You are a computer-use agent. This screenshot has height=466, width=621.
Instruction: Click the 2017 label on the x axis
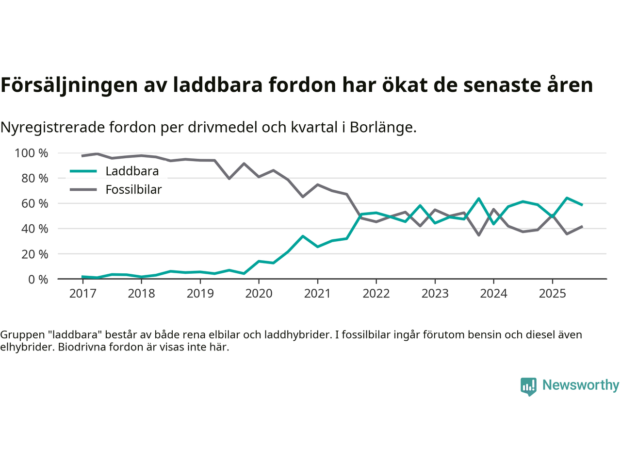[82, 294]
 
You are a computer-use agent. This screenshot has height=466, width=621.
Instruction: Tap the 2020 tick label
[259, 294]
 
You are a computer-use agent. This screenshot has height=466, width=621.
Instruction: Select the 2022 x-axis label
[376, 294]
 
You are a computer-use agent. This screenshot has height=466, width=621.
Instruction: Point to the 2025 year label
[552, 294]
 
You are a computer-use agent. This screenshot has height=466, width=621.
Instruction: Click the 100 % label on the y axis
[32, 153]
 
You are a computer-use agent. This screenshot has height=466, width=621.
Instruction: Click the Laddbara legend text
[132, 171]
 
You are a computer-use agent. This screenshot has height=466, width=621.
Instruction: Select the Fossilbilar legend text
[133, 190]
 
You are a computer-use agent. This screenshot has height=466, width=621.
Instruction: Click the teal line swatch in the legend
[83, 171]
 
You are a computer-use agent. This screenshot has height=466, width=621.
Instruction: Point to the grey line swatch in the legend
[83, 190]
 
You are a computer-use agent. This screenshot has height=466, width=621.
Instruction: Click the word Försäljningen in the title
[69, 85]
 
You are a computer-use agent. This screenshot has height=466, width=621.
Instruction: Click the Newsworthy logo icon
[528, 386]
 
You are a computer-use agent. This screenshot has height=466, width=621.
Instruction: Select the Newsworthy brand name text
[580, 385]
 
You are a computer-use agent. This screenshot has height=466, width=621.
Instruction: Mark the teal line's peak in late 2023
[479, 199]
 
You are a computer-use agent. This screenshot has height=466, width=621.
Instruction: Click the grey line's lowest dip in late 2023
[479, 235]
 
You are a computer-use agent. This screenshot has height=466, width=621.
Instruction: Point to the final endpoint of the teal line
[582, 205]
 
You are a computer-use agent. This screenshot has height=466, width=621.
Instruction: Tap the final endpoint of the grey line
[582, 226]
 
